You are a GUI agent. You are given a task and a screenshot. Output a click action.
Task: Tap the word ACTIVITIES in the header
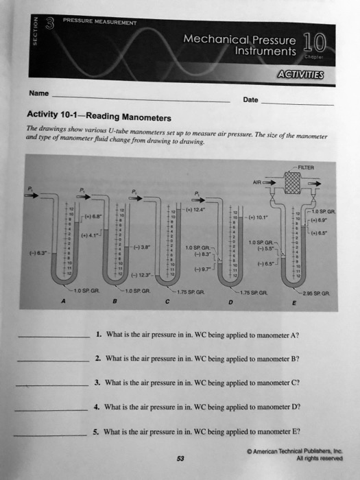tap(308, 75)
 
